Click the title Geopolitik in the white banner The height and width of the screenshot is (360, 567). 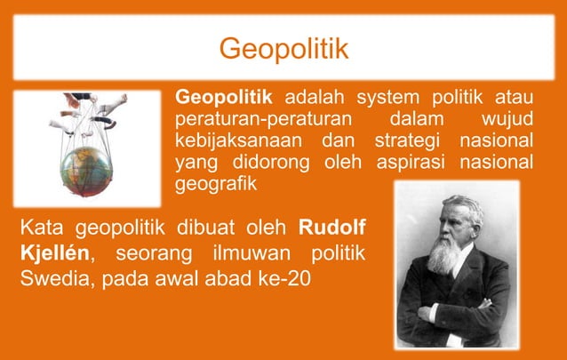(x=283, y=47)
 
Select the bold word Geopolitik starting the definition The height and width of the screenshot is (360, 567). (x=223, y=97)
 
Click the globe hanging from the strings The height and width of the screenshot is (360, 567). (x=90, y=169)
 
